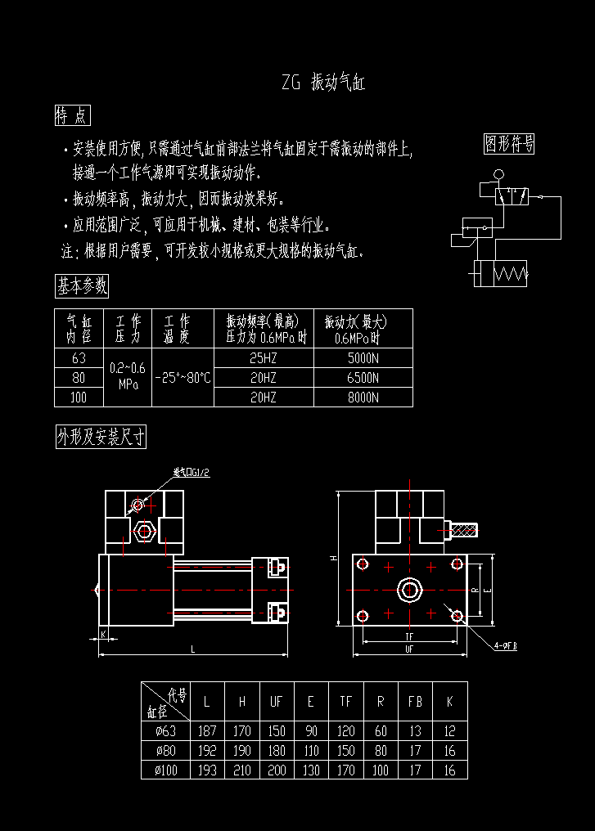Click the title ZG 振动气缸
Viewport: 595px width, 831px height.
[322, 83]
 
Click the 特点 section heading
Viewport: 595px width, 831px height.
[72, 116]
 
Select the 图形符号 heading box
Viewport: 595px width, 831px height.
[509, 144]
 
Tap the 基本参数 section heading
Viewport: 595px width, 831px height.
[81, 285]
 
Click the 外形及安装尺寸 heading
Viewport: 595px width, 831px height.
[101, 438]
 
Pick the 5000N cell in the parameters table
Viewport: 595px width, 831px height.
[363, 358]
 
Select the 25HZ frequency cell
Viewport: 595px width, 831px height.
[264, 358]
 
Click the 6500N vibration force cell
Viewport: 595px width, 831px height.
[363, 378]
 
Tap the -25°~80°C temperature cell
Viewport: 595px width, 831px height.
[183, 378]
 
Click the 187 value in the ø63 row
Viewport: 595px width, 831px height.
[206, 731]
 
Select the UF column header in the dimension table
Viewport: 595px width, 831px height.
[276, 701]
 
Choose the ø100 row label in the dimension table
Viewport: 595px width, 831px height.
[166, 770]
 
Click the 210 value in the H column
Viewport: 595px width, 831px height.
[241, 770]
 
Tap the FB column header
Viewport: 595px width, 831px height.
[415, 701]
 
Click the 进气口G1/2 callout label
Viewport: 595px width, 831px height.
[192, 473]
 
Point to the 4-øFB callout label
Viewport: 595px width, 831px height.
[505, 645]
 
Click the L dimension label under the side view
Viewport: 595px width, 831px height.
[193, 649]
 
